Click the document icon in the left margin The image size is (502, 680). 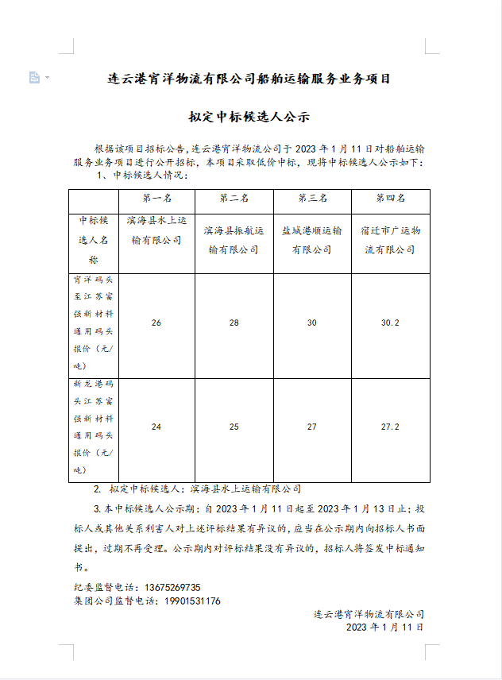click(34, 77)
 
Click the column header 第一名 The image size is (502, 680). click(156, 198)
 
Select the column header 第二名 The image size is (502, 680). click(234, 198)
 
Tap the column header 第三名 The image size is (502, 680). click(312, 198)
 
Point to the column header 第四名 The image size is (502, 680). click(390, 198)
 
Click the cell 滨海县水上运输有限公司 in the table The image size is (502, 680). click(156, 229)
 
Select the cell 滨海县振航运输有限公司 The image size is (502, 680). click(234, 239)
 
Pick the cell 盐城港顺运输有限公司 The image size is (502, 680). click(312, 239)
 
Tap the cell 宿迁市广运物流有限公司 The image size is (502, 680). click(390, 239)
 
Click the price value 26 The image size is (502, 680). click(156, 323)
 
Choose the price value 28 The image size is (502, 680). click(234, 323)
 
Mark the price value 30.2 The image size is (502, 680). click(390, 323)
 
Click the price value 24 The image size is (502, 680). click(156, 427)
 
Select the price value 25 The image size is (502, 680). click(234, 427)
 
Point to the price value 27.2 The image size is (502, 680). click(390, 427)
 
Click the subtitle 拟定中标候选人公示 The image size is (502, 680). click(249, 118)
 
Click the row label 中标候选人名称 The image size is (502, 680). click(93, 239)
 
